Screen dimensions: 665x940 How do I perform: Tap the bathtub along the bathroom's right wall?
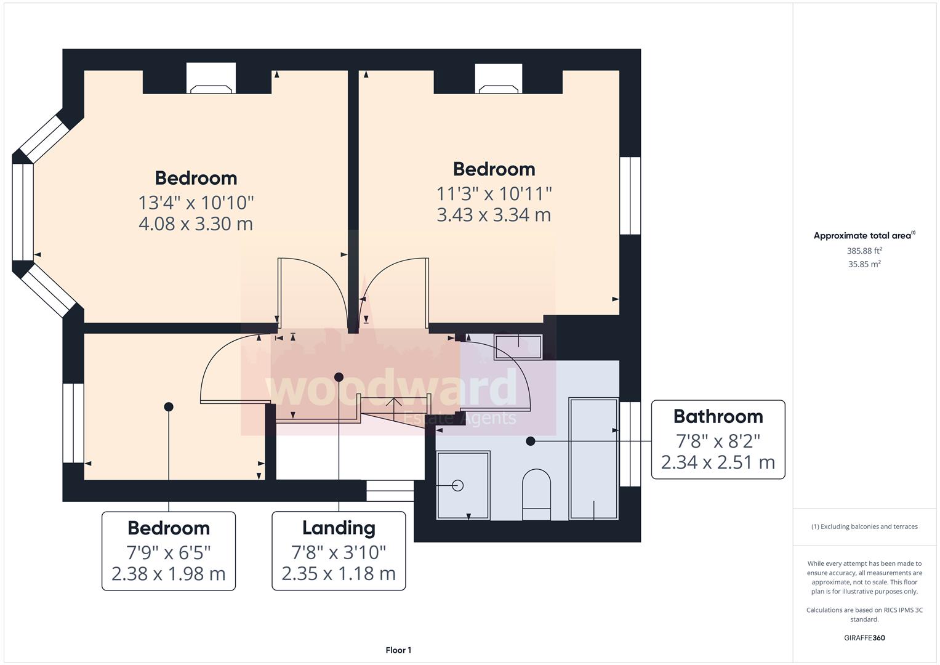(593, 458)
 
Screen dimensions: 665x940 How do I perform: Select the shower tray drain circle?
(457, 485)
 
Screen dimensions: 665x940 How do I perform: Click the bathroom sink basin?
(518, 347)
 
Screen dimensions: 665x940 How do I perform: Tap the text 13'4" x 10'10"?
(196, 202)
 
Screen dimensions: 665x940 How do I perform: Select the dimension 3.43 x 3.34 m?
(494, 215)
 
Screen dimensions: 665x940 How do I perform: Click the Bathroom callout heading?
(718, 416)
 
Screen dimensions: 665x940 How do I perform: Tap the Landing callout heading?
(339, 528)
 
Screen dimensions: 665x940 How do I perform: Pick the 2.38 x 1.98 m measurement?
(168, 574)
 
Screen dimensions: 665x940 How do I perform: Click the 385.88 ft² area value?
(864, 251)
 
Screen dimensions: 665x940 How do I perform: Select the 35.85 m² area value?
(864, 264)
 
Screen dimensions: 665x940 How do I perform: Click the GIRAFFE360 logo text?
(864, 638)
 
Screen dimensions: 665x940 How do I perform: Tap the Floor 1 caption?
(398, 650)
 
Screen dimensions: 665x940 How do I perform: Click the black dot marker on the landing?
(339, 377)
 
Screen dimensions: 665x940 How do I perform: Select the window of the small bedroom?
(73, 423)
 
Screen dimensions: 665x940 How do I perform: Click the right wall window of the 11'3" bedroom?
(630, 196)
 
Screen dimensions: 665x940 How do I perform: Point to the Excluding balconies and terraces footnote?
(864, 526)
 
